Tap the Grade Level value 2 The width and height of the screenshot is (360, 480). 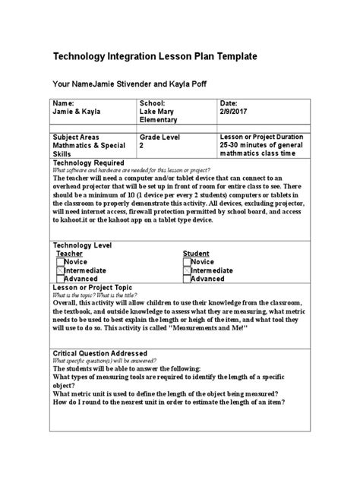pos(141,144)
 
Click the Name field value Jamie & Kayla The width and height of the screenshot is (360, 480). pos(76,111)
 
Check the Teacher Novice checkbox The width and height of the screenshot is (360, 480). pos(61,261)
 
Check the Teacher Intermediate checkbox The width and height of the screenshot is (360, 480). pos(61,270)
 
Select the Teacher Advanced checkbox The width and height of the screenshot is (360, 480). pos(61,279)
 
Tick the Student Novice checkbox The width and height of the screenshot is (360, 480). pos(187,261)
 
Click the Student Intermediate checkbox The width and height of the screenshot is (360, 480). pos(187,270)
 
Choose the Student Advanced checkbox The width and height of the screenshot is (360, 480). pos(187,279)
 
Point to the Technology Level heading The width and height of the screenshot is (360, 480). pos(81,245)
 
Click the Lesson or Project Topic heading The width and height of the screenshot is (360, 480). pos(91,288)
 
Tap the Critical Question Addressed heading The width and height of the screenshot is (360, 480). pos(99,353)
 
